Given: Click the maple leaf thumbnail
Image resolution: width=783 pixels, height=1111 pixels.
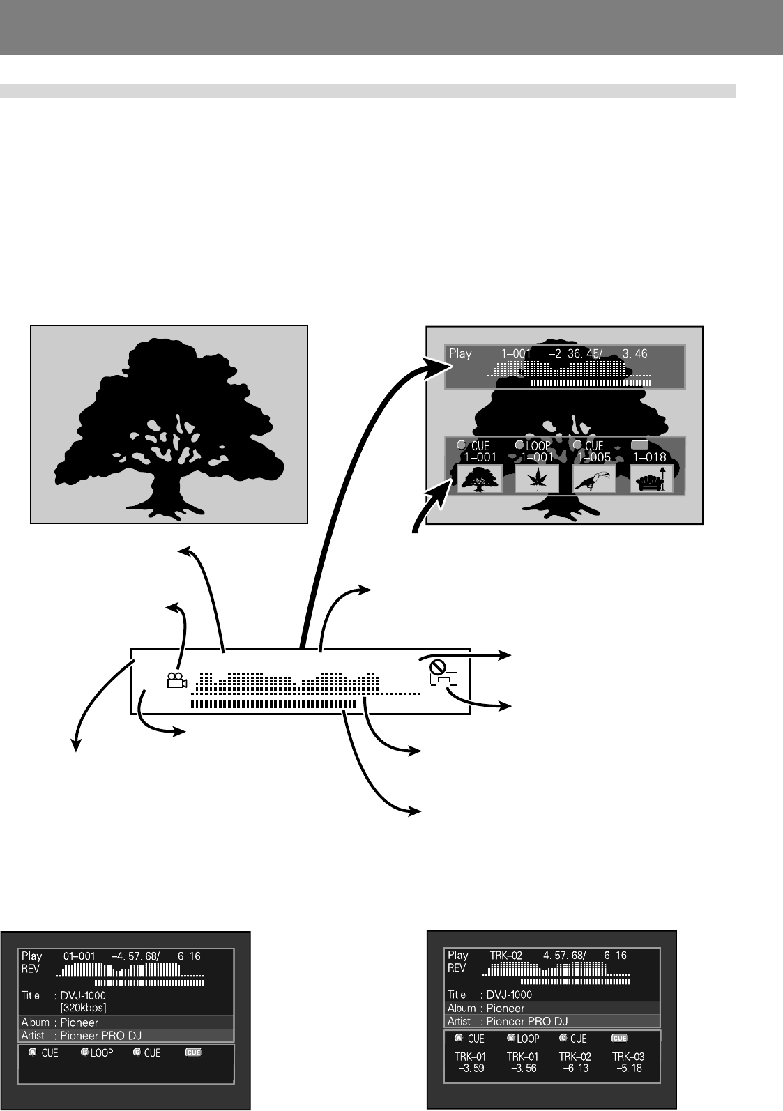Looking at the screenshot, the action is (x=537, y=479).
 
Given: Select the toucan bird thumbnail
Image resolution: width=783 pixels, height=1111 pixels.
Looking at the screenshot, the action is (x=594, y=479).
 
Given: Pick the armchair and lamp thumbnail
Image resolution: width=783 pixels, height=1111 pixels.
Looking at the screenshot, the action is (x=651, y=479).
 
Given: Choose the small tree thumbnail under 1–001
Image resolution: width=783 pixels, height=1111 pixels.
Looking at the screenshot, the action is (x=479, y=479).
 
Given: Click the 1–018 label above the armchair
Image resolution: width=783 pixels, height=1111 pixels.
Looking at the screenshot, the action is (x=650, y=457).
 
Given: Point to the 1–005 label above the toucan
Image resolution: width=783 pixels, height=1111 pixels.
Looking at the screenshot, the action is (x=593, y=457).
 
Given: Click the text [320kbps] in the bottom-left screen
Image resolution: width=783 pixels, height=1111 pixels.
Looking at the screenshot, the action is (x=83, y=1008).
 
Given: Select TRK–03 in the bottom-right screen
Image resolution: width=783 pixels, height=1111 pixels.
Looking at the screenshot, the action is (x=629, y=1057).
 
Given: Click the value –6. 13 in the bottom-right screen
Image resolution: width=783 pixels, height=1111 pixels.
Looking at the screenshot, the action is (x=576, y=1068).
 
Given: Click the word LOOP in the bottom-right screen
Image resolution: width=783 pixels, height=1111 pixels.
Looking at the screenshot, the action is (x=528, y=1038).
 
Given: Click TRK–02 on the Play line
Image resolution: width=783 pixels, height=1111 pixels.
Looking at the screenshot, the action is (x=506, y=955).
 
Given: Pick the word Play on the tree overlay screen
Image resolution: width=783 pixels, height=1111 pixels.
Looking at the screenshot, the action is (x=460, y=354).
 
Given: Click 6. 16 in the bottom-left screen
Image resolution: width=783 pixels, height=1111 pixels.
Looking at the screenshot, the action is (x=190, y=956).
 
